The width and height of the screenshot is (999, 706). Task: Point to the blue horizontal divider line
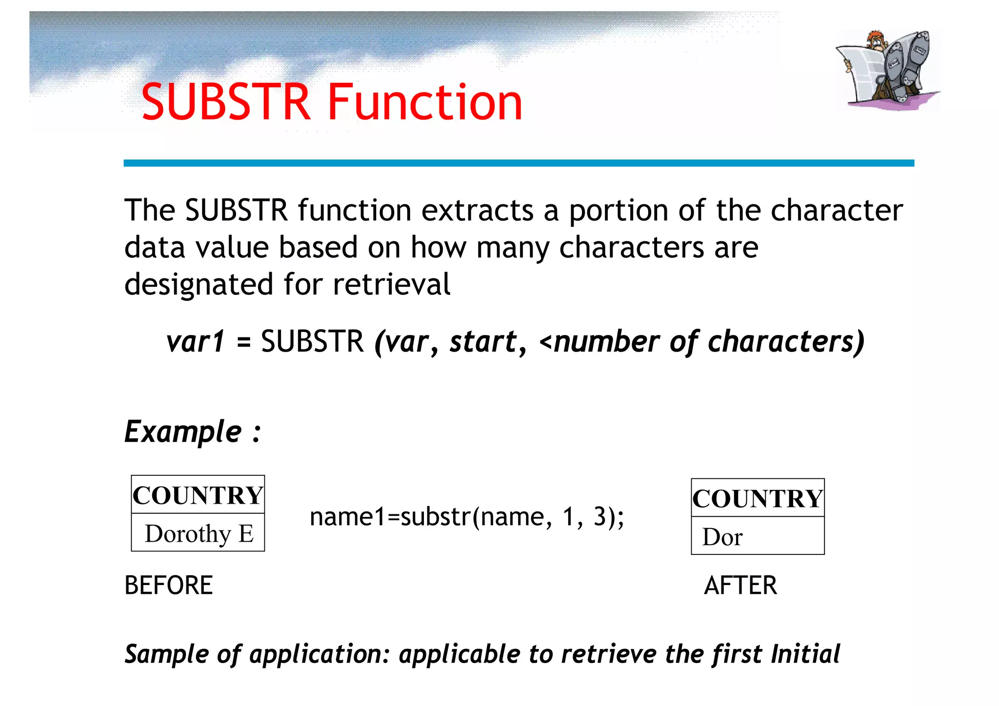coord(519,163)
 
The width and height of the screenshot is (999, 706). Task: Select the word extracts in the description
coord(478,211)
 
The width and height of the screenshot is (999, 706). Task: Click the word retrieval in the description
coord(392,284)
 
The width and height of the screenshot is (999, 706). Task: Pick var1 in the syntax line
coord(196,341)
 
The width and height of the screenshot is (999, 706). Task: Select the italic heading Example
coord(183,432)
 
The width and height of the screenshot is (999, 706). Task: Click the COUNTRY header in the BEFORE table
coord(198,495)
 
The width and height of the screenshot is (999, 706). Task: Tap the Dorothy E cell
coord(199,533)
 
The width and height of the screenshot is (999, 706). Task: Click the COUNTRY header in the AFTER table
coord(758,498)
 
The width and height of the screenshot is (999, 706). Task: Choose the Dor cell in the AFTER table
coord(722,537)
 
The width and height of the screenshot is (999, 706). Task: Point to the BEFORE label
coord(169,585)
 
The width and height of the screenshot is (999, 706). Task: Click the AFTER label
coord(740,585)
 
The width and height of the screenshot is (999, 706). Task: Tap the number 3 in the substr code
coord(599,516)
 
